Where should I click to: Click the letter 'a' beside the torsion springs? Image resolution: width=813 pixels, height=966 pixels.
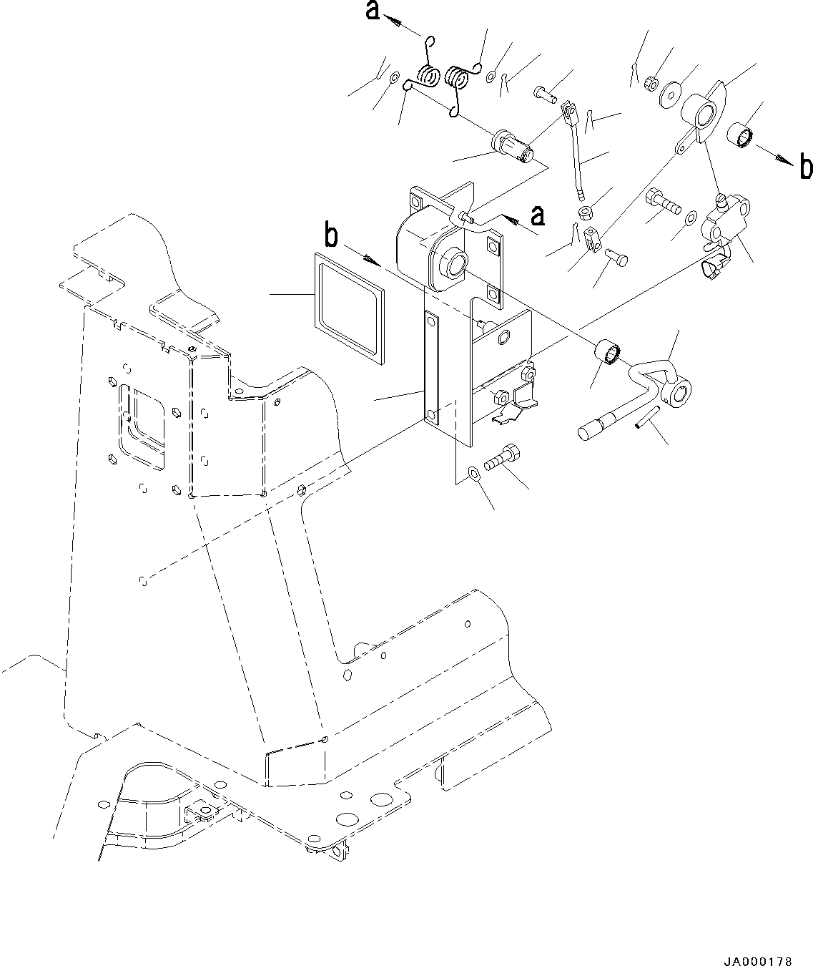click(373, 11)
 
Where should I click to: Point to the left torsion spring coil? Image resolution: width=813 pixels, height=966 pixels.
click(428, 74)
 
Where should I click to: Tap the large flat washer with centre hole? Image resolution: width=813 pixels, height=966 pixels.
click(671, 93)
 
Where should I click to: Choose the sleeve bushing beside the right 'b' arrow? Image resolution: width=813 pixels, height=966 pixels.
click(739, 135)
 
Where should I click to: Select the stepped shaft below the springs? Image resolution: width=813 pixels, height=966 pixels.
click(511, 145)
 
